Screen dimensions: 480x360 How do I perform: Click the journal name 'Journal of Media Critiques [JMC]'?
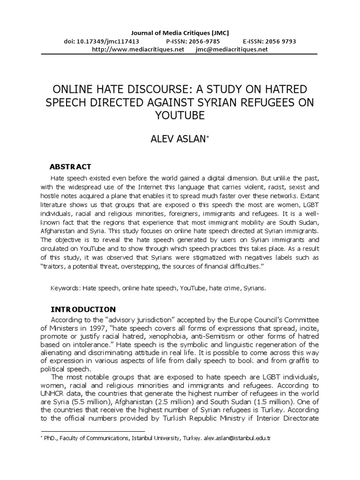180,32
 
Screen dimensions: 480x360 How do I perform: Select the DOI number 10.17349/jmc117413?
97,41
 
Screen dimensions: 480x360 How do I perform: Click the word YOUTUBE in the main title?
180,115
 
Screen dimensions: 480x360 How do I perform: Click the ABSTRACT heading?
70,167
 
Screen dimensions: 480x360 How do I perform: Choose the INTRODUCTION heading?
82,309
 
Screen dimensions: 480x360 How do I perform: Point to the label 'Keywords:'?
65,288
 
